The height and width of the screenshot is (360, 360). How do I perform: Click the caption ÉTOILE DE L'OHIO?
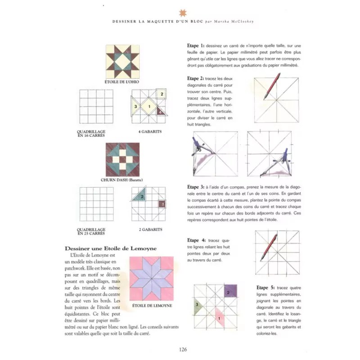[122, 82]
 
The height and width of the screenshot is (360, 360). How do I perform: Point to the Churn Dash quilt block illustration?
[122, 160]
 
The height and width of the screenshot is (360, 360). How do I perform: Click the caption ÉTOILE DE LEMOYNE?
[152, 306]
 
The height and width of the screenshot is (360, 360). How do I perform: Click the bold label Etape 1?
[196, 46]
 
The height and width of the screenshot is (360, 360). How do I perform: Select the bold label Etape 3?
[196, 186]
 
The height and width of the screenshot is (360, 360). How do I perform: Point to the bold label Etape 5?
[265, 288]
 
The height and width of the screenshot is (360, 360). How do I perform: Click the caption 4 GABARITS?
[150, 131]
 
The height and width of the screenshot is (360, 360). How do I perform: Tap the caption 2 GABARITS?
[150, 229]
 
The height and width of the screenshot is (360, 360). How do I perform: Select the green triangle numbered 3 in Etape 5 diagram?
[198, 306]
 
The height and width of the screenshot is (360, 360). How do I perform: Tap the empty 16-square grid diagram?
[96, 107]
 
